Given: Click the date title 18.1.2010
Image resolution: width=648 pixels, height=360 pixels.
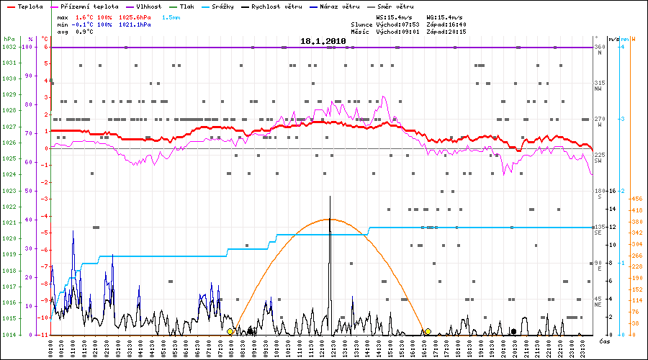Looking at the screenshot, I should (323, 42).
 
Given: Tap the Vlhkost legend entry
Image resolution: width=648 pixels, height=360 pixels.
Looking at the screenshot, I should (148, 6).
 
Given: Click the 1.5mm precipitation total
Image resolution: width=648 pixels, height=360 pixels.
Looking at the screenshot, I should (171, 17).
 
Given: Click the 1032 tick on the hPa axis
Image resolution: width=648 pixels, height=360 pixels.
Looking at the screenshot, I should (9, 47).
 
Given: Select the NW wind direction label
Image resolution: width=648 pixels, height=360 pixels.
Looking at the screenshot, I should (598, 89).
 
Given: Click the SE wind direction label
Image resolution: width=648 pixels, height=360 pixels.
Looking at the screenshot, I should (598, 233).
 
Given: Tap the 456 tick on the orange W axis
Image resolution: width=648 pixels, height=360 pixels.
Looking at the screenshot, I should (635, 199).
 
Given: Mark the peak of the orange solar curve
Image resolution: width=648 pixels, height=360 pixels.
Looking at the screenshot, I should (328, 219).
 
